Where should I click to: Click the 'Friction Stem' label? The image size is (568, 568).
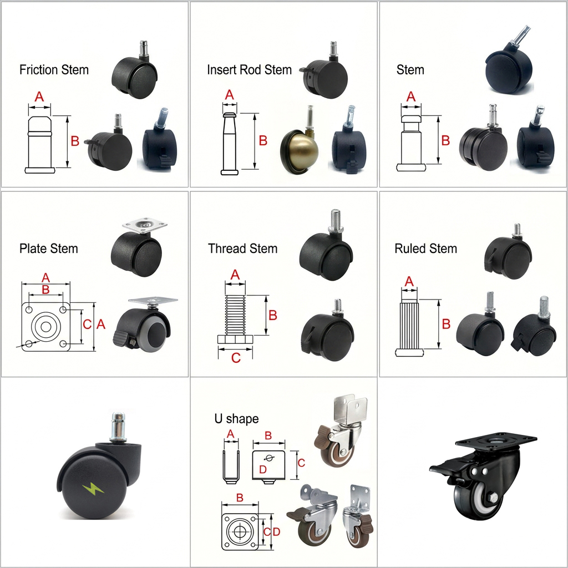coord(54,70)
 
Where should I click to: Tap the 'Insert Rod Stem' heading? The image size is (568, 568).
coord(249,70)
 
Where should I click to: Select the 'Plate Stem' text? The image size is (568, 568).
coord(49,248)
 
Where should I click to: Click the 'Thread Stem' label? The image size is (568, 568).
coord(242,248)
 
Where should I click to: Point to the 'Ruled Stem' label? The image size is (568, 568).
coord(425,248)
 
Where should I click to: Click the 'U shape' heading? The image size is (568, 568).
coord(236,419)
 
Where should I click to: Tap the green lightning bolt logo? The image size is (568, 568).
coord(89,489)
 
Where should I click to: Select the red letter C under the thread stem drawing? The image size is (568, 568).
coord(236,358)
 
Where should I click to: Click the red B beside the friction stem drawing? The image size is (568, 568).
coord(75,141)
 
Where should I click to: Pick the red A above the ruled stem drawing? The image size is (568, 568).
coord(409,282)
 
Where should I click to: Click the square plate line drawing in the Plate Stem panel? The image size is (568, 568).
coord(46,326)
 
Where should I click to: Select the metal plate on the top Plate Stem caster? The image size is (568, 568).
coord(144,226)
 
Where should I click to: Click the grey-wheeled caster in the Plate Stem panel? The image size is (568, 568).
coord(145,327)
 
